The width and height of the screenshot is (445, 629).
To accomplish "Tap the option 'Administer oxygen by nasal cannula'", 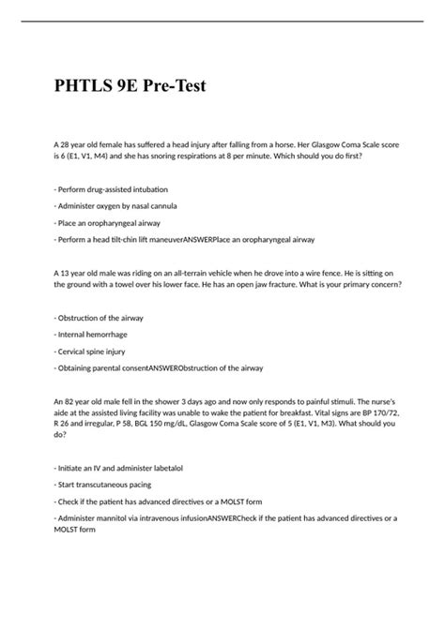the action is point(117,205).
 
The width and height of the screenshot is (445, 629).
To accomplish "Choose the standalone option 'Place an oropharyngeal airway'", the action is point(109,223).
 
